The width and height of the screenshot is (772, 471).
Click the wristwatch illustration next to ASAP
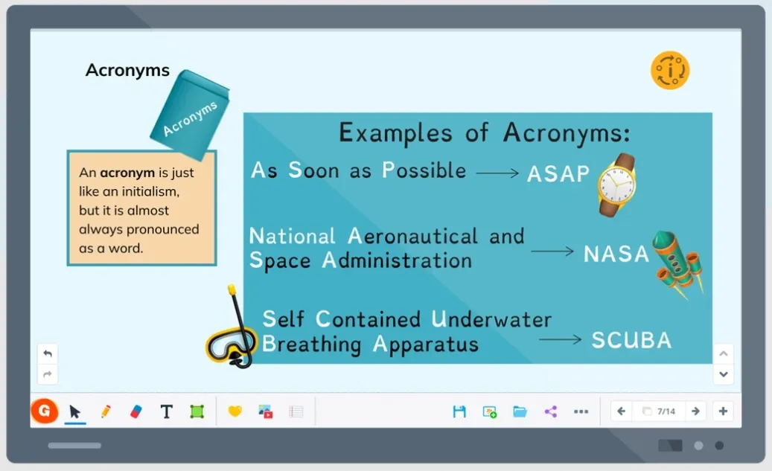point(617,185)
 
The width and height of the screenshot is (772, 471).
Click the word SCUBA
point(631,340)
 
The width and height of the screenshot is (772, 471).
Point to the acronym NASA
point(616,254)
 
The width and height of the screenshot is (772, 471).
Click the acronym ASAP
point(558,173)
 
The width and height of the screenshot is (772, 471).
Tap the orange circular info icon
point(670,71)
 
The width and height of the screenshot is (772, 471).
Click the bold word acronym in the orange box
point(127,173)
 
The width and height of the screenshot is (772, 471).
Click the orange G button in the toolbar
point(45,411)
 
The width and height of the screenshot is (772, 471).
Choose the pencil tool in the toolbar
point(106,411)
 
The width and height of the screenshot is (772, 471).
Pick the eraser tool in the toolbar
point(136,411)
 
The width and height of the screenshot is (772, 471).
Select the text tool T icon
point(167,411)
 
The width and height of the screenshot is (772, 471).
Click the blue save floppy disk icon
point(459,411)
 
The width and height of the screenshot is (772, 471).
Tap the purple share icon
point(550,411)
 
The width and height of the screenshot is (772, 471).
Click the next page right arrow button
point(695,411)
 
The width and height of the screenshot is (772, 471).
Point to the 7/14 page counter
point(666,411)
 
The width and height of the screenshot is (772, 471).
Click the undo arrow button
point(48,353)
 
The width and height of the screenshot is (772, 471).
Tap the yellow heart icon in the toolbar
point(235,411)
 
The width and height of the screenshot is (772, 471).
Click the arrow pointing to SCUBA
point(560,339)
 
